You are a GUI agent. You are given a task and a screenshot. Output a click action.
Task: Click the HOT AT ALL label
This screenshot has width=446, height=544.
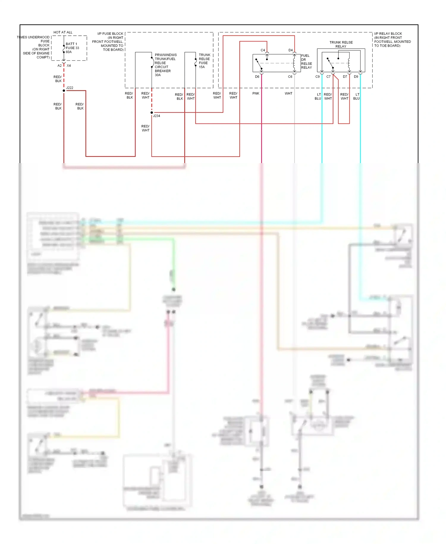point(63,32)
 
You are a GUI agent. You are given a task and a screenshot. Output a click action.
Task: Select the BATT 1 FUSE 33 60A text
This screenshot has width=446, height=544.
point(72,48)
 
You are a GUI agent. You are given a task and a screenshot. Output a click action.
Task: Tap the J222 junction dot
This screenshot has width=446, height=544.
point(64,90)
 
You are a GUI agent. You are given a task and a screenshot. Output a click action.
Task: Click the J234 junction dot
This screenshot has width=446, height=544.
point(152,112)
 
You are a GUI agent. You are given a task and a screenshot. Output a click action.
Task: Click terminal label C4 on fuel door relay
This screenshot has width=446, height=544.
point(263,50)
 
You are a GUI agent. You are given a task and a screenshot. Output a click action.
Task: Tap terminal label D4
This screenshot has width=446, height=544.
point(290,50)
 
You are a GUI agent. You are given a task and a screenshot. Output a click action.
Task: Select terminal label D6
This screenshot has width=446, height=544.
point(257,77)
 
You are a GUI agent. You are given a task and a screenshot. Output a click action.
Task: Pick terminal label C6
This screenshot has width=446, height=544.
point(290,77)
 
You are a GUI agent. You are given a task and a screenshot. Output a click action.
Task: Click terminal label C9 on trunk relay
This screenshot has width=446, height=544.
point(318,77)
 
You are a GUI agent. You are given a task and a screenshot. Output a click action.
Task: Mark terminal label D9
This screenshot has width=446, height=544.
point(356,77)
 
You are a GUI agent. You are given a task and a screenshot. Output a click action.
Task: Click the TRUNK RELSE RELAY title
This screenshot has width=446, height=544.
point(341,44)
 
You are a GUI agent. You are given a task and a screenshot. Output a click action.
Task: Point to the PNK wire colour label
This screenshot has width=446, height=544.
point(256,93)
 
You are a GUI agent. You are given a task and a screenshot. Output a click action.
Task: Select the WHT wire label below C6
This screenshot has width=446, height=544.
point(288,93)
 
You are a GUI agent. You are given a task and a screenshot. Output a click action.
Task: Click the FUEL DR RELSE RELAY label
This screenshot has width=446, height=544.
point(306,62)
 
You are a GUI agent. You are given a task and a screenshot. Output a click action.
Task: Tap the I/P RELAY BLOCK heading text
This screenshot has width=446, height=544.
point(388,34)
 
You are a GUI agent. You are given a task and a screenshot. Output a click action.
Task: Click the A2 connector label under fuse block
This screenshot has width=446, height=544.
point(59,66)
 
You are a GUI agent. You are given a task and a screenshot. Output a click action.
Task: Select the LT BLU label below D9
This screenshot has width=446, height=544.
point(357,96)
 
